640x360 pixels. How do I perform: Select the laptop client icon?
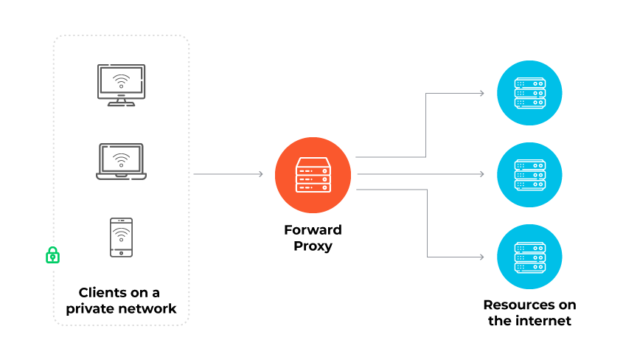[122, 162]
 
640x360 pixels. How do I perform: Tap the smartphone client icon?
[122, 237]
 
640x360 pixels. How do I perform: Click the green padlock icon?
[52, 255]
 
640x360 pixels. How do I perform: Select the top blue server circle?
[530, 92]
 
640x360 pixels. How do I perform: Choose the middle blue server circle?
[530, 174]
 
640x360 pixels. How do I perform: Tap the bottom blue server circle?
[530, 257]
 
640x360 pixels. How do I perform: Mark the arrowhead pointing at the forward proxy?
[260, 174]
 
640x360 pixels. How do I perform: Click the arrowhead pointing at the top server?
[481, 93]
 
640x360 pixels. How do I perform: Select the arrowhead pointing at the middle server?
[481, 174]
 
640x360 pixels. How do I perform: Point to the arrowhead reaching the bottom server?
[481, 257]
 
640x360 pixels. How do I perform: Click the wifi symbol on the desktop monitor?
[122, 80]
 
